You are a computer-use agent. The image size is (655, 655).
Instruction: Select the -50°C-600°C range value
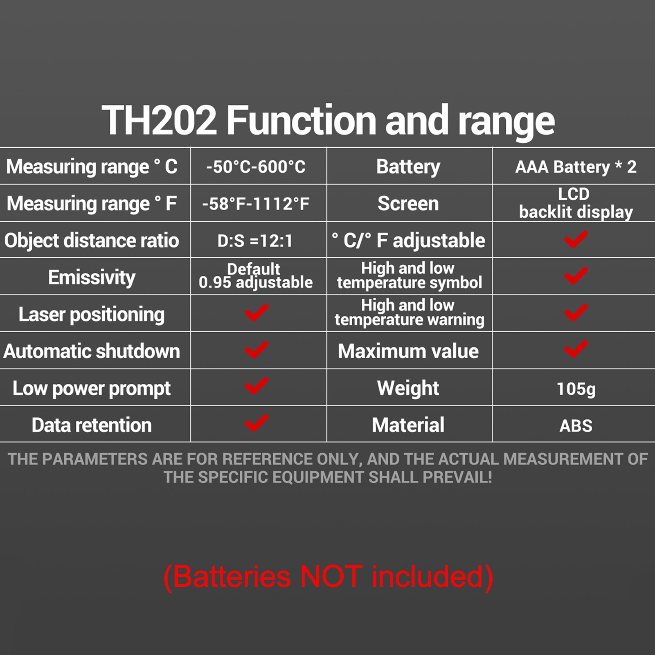(256, 167)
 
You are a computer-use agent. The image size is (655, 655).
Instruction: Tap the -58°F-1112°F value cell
(256, 204)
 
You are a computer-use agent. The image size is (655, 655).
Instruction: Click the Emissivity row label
(92, 277)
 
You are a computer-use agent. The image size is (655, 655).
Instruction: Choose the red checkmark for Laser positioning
(257, 313)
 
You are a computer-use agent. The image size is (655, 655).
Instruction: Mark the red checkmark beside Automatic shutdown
(257, 350)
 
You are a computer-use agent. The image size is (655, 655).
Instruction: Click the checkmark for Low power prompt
(257, 386)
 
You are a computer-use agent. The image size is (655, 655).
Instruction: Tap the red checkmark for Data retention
(257, 423)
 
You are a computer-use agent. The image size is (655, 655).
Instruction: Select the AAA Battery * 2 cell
(576, 167)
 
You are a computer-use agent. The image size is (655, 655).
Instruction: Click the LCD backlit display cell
(576, 203)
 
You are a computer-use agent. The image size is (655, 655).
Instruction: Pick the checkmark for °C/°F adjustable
(576, 239)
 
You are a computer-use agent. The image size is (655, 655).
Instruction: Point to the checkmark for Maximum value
(576, 349)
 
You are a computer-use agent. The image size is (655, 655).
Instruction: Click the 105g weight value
(576, 389)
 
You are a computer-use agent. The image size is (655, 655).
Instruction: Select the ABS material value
(576, 426)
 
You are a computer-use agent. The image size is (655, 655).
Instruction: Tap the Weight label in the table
(408, 388)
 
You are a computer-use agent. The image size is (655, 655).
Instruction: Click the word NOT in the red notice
(331, 576)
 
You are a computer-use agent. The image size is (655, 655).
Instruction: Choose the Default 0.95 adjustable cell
(255, 276)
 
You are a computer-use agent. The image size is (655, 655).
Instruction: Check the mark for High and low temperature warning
(576, 313)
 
